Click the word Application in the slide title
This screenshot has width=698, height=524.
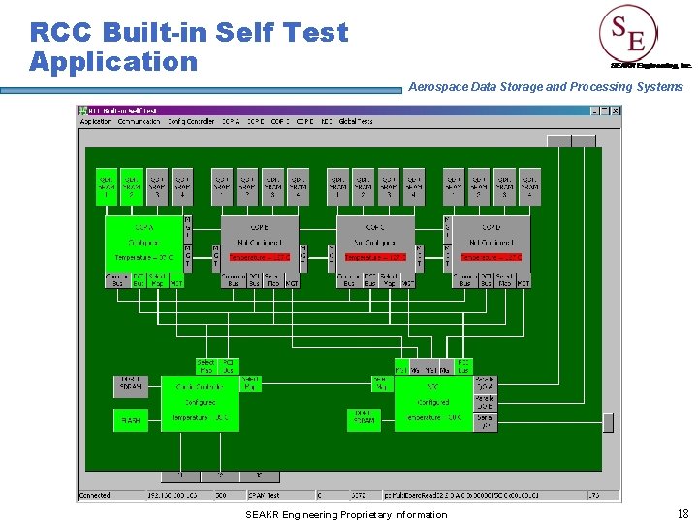(112, 62)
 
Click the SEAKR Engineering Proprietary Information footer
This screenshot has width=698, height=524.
(346, 514)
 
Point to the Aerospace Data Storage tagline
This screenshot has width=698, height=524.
(545, 87)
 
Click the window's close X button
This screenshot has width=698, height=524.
(614, 111)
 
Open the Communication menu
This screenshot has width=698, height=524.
(139, 122)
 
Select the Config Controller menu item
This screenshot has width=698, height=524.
(190, 122)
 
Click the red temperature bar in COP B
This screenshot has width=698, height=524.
(259, 257)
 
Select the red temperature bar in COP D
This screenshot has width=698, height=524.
(491, 257)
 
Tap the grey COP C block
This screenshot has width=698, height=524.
(376, 243)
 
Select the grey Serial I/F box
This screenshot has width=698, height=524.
(485, 421)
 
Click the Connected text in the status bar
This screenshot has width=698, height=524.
(95, 495)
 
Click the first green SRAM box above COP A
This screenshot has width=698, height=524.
(106, 185)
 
